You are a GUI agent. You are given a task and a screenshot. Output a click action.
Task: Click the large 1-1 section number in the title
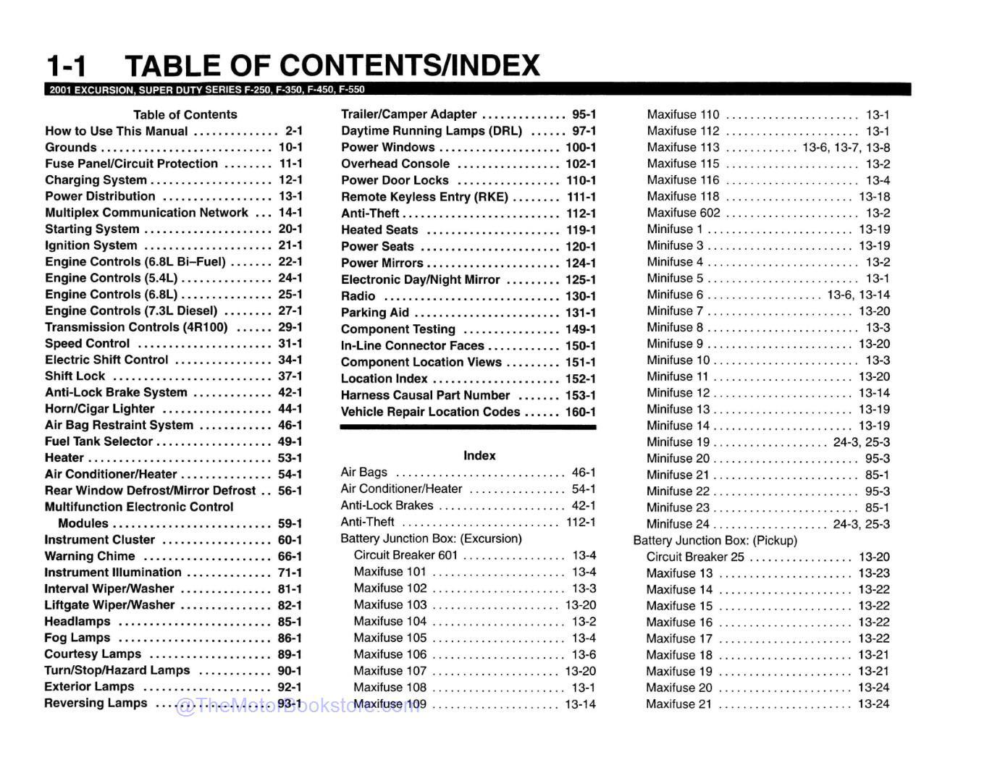click(66, 66)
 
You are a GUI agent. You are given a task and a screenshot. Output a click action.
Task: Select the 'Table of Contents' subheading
click(185, 114)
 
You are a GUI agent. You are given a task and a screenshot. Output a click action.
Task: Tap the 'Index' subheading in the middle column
click(479, 455)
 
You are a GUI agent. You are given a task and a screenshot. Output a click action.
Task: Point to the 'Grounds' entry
click(71, 147)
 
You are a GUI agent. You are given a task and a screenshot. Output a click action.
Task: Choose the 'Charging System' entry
click(96, 180)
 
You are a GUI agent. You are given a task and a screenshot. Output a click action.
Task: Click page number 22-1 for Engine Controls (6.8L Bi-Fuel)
click(290, 261)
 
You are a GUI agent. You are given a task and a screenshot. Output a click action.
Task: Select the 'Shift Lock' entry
click(75, 376)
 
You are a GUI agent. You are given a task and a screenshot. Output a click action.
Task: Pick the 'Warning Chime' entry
click(90, 556)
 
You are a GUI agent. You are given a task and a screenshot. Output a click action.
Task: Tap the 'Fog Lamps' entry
click(77, 638)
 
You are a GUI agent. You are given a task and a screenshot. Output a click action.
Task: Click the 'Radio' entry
click(358, 296)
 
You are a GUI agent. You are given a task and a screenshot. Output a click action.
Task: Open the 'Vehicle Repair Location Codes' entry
click(430, 412)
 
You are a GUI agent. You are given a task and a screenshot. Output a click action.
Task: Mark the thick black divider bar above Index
click(468, 428)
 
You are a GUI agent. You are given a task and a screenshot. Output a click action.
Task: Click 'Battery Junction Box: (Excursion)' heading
click(431, 539)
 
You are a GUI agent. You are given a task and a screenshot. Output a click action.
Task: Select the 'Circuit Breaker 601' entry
click(405, 555)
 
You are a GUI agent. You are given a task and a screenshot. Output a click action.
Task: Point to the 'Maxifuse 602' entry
click(684, 213)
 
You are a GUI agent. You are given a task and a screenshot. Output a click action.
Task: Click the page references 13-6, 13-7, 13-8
click(846, 147)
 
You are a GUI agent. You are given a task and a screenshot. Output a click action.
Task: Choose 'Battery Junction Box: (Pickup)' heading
click(715, 541)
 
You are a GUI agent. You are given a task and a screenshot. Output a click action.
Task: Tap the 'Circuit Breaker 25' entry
click(695, 557)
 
